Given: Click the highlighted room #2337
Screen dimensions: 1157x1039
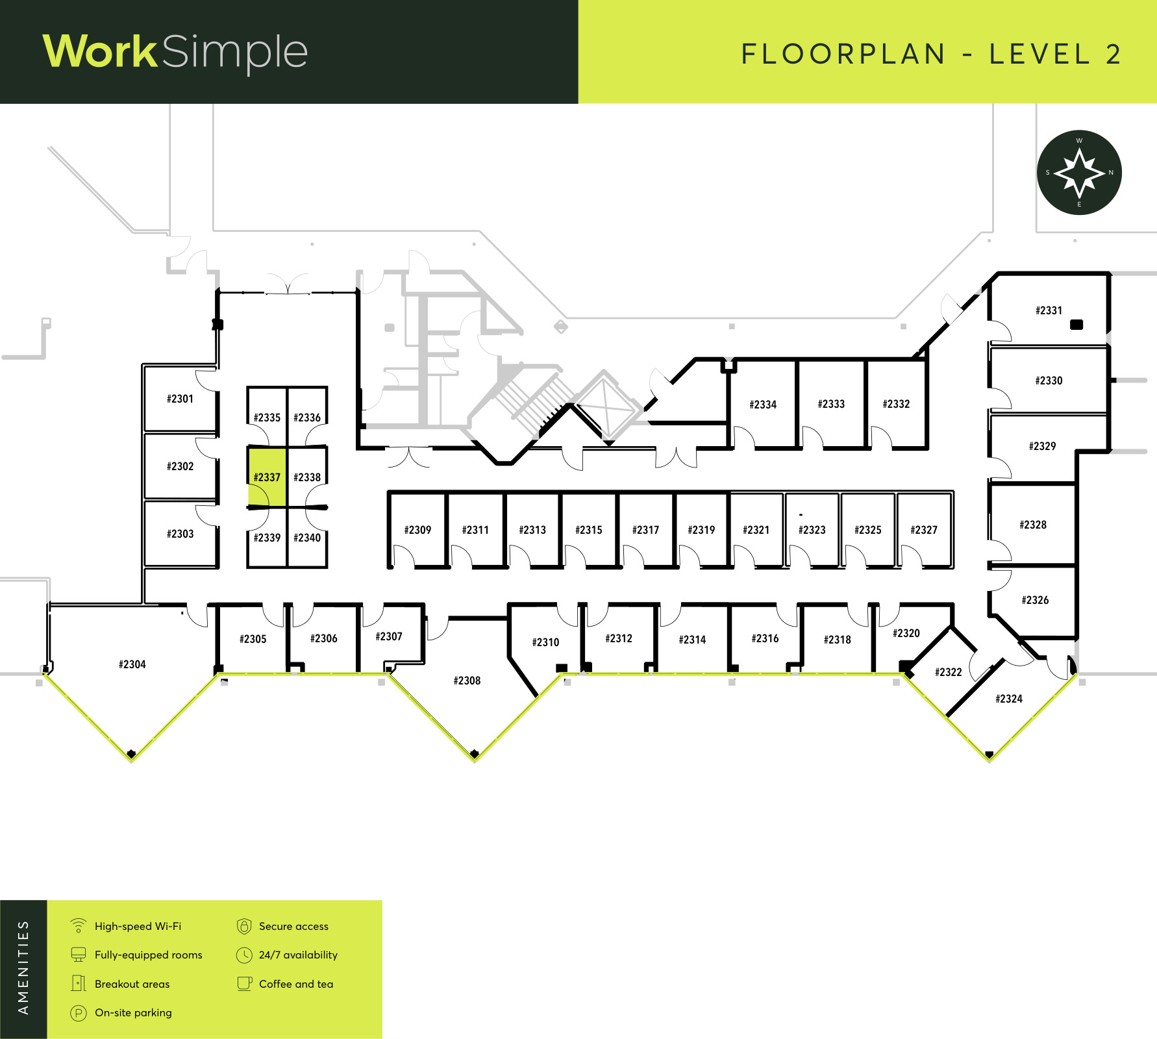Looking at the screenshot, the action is (267, 477).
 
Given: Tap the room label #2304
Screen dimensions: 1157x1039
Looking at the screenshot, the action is (132, 664).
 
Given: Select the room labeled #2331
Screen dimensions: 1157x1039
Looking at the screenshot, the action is (1049, 310).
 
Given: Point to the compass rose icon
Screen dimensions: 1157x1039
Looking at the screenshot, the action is (1079, 173).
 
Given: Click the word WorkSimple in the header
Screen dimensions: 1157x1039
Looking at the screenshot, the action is (175, 52).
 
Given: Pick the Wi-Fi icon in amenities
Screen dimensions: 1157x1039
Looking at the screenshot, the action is (79, 925).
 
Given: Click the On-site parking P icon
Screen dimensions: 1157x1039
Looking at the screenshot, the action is (79, 1013).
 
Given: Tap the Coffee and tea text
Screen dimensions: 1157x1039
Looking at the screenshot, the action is (296, 984).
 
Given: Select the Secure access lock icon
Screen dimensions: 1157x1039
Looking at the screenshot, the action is (244, 926).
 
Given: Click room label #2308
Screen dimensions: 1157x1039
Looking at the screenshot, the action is (467, 681).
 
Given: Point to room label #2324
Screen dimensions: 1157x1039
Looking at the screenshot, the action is (1009, 699).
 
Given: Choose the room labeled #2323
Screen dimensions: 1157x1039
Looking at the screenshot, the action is (812, 530).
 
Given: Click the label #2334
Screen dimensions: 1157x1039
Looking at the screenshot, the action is (763, 405).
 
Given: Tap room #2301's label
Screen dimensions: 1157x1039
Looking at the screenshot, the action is (180, 399).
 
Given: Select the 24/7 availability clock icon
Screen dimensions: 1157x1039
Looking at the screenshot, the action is (244, 955).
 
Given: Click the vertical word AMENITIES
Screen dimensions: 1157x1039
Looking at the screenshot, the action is (23, 968).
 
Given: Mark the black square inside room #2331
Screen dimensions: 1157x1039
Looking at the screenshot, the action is (1076, 324).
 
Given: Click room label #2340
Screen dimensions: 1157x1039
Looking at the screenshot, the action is (307, 538).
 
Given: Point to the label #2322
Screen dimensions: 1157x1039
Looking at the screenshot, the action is (949, 672).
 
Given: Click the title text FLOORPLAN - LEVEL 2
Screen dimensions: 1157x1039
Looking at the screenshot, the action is (931, 54).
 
